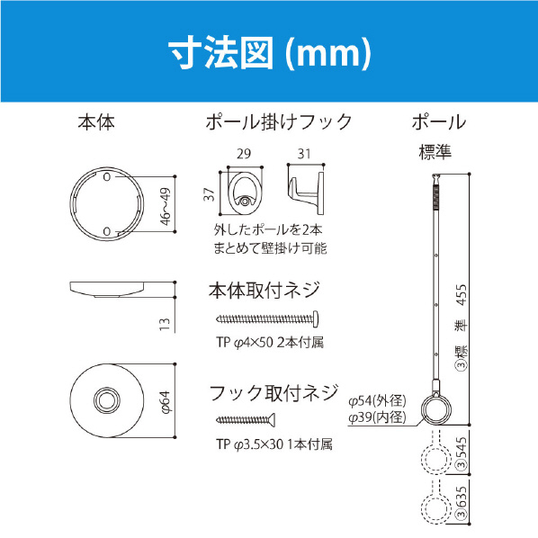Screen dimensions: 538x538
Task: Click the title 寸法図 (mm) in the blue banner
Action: [x=270, y=52]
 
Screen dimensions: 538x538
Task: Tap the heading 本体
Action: [x=96, y=122]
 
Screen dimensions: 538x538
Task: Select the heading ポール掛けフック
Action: [x=279, y=122]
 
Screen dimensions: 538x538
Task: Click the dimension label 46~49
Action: [x=165, y=207]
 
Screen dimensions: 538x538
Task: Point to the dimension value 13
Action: [x=165, y=324]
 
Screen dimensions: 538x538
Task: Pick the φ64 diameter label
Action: [x=165, y=402]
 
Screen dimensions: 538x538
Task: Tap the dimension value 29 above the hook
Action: [x=244, y=154]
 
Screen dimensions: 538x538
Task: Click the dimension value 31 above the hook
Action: [x=304, y=154]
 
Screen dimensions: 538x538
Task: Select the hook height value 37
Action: [x=209, y=194]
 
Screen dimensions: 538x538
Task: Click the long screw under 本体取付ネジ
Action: [x=267, y=319]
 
